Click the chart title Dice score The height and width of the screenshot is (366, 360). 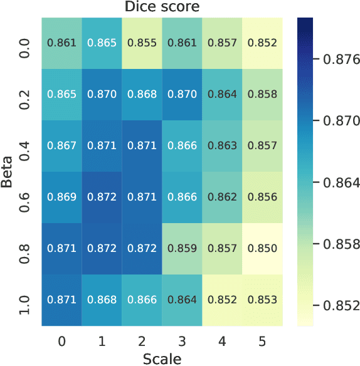click(162, 8)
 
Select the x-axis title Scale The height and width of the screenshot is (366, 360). click(162, 358)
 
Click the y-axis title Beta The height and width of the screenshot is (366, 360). click(8, 173)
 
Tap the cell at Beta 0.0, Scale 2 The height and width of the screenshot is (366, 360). click(142, 43)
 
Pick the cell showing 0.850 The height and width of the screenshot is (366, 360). click(262, 249)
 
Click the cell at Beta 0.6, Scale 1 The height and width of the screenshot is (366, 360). click(102, 197)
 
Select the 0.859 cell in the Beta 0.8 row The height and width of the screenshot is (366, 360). click(182, 249)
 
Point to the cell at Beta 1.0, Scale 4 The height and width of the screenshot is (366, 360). click(222, 300)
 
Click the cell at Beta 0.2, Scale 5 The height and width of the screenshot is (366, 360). click(262, 95)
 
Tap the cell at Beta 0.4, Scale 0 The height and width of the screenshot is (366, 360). click(61, 146)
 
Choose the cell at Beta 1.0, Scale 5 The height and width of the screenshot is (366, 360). click(262, 300)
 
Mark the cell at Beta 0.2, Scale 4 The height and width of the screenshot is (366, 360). click(222, 95)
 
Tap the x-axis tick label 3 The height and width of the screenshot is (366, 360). click(182, 340)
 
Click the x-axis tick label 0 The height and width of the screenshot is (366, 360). click(61, 340)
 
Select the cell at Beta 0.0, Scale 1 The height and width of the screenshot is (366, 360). click(102, 43)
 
